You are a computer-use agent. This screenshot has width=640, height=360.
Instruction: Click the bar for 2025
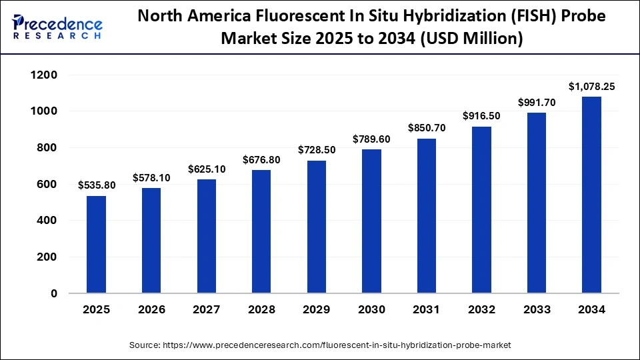point(97,245)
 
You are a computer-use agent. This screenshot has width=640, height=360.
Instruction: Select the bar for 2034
point(591,195)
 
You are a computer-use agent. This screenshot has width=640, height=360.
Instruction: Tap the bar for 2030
point(371,221)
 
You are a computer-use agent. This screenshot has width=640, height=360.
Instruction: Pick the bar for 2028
point(262,231)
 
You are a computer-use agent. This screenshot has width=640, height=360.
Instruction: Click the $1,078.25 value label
point(591,86)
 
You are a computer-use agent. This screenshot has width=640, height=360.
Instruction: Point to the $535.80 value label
point(97,185)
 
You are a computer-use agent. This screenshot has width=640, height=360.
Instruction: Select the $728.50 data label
point(317,150)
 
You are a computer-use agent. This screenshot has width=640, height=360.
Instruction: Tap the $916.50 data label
point(481,116)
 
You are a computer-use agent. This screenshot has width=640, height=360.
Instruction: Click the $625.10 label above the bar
point(207,169)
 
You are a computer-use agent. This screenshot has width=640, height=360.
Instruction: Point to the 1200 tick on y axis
point(45,75)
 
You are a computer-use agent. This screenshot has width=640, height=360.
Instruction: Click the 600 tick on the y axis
point(48,184)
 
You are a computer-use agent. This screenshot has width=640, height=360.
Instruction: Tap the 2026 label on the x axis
point(151,310)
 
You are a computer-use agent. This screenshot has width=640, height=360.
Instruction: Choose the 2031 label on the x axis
point(427,310)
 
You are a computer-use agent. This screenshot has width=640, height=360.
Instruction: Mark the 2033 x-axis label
point(537,310)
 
